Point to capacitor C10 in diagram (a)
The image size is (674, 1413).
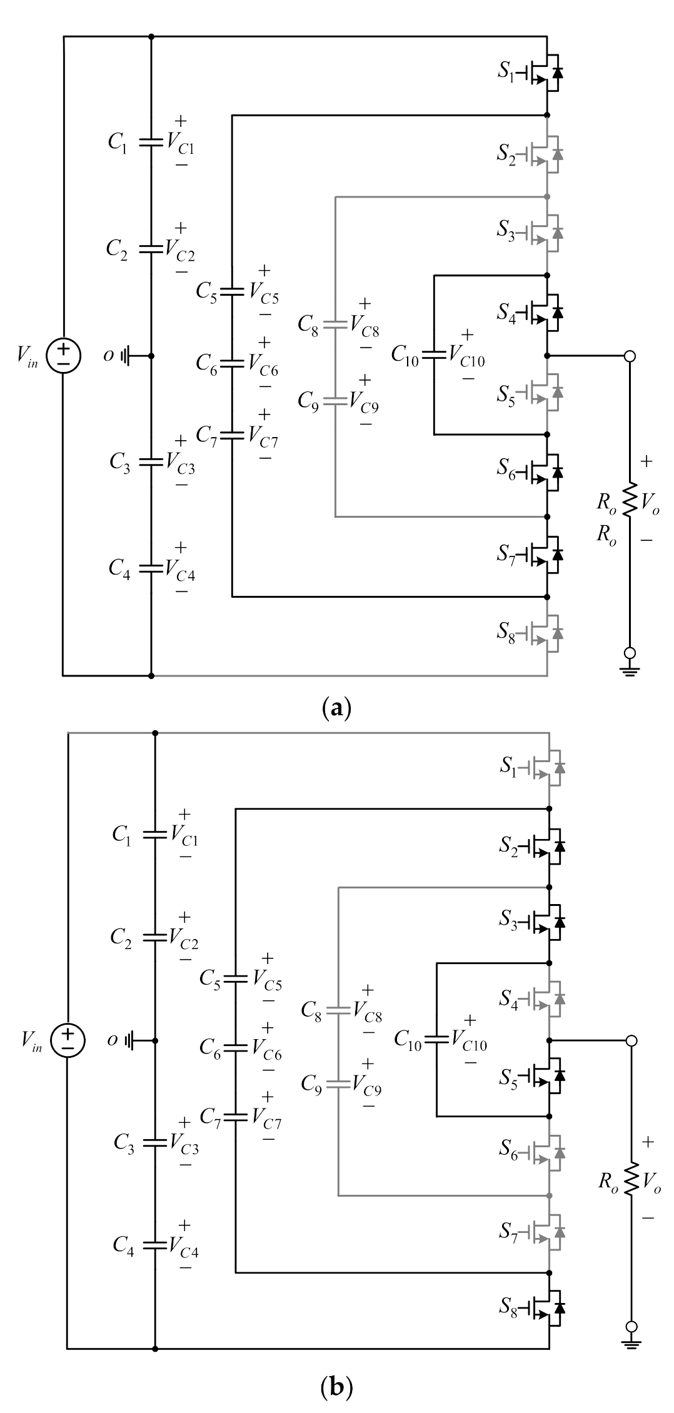[433, 355]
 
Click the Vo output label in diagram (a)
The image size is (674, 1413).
[651, 501]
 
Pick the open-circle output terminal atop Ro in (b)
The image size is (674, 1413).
[631, 1040]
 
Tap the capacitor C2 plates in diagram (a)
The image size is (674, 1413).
[151, 248]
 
